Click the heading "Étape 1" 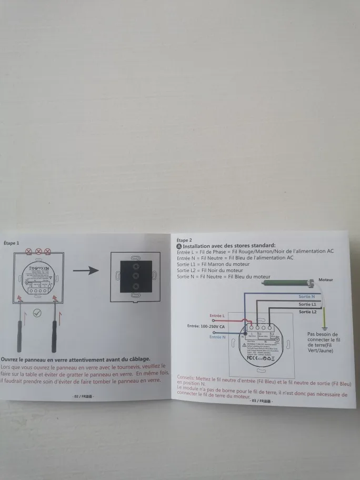11,243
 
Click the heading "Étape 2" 184,240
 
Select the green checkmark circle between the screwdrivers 36,313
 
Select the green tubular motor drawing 289,283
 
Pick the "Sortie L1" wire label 307,304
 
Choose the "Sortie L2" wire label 307,312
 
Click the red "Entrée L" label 217,316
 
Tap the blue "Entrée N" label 217,337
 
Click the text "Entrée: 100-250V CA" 206,326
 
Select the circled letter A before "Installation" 179,246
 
